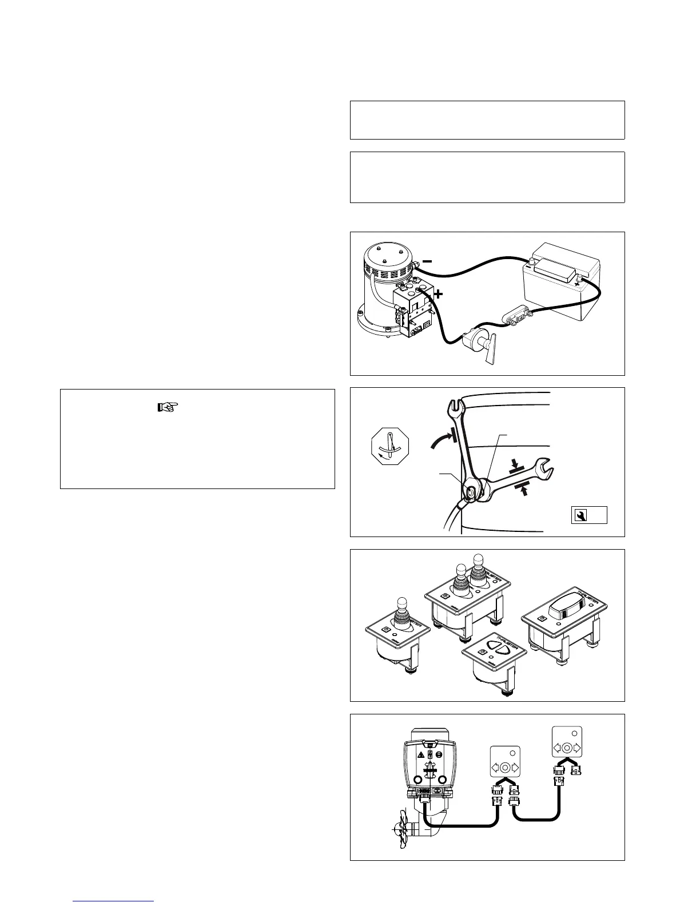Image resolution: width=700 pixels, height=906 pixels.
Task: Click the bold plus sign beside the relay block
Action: tap(439, 295)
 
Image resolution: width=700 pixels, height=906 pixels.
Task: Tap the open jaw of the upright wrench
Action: tap(453, 406)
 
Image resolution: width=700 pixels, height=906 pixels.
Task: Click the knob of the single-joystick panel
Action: tap(401, 604)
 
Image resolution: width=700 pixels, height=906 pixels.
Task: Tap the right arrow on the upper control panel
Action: tap(576, 748)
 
